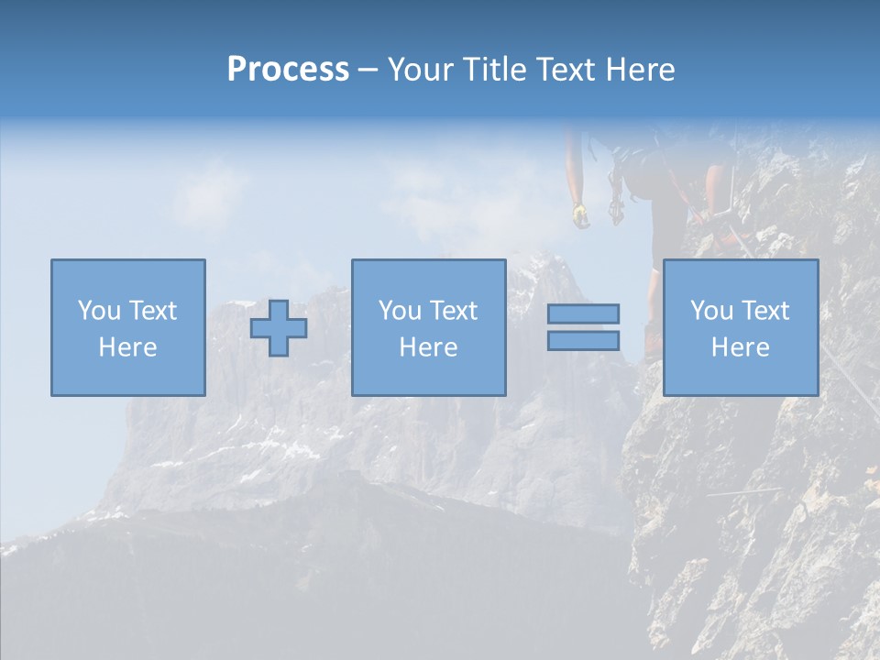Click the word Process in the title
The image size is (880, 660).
[x=288, y=70]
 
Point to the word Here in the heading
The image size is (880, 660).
[x=638, y=70]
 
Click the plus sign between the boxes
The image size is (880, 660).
[x=279, y=328]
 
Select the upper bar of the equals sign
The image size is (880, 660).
[x=583, y=313]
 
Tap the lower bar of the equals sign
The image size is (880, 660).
[x=583, y=340]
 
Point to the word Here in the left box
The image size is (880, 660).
[x=127, y=347]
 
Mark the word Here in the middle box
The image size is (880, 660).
[x=428, y=347]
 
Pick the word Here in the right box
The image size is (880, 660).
[x=740, y=347]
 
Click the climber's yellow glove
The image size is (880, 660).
[x=580, y=215]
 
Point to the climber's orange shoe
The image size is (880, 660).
[x=652, y=341]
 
